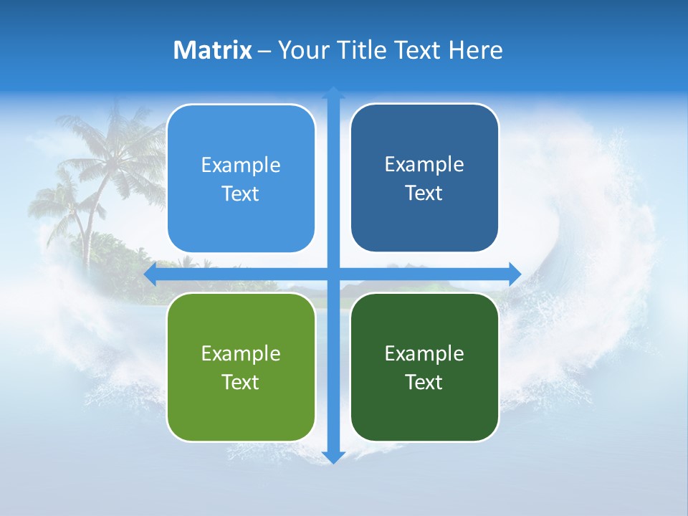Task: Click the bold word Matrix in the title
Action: (x=212, y=50)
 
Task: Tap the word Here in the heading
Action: (x=475, y=50)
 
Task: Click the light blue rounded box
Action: (x=241, y=178)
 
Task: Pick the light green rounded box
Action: (x=241, y=367)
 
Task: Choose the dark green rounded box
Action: (x=424, y=367)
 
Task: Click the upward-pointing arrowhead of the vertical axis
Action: (x=333, y=92)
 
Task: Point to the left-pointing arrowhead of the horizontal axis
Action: (x=150, y=274)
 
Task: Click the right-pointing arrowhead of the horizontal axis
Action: (x=515, y=274)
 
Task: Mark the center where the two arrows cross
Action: (x=333, y=274)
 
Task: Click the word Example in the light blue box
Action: (x=241, y=165)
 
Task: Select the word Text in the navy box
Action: (x=424, y=193)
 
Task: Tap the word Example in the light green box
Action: (x=241, y=353)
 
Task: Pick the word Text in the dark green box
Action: (x=424, y=382)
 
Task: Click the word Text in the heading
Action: (x=419, y=50)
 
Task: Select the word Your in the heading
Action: (x=302, y=50)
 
